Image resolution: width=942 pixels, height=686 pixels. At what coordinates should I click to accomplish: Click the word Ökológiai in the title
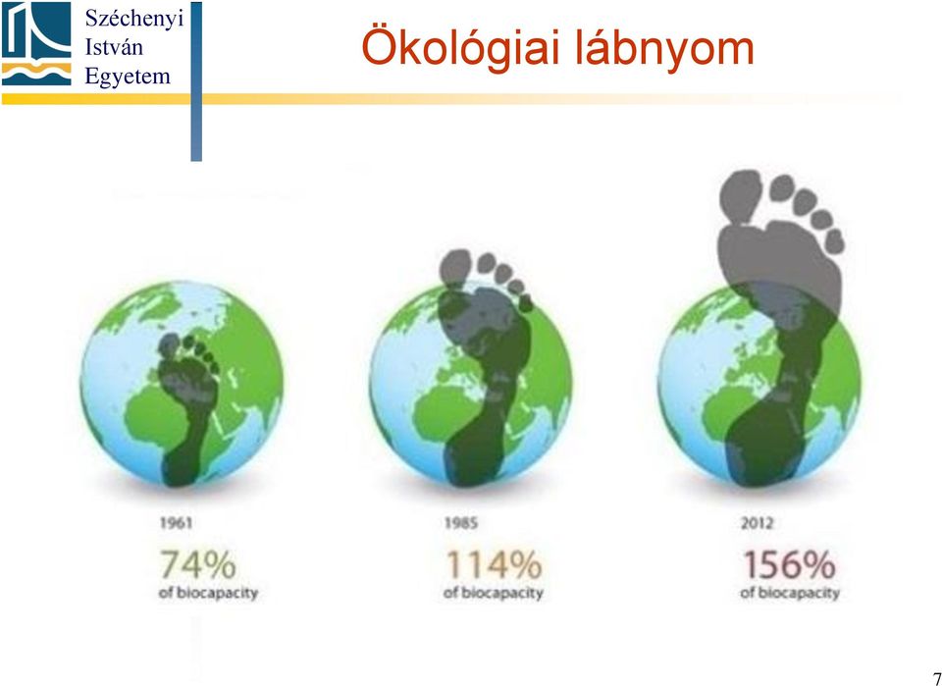click(x=462, y=47)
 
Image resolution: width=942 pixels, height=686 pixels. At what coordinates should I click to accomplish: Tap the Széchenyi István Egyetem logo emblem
click(x=36, y=44)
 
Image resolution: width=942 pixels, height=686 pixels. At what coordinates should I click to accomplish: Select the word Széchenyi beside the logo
click(x=133, y=20)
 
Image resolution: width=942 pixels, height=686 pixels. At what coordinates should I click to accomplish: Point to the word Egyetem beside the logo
click(x=128, y=78)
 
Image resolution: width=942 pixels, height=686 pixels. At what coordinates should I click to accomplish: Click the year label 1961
click(x=176, y=523)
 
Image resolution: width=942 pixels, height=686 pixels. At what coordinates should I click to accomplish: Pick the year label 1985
click(x=461, y=523)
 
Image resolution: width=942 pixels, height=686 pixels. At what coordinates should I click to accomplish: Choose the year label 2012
click(x=757, y=523)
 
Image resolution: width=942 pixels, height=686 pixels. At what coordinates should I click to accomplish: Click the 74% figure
click(x=197, y=564)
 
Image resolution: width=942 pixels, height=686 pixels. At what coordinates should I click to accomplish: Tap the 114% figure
click(x=494, y=564)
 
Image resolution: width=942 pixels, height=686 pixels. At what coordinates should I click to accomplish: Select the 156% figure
click(x=789, y=564)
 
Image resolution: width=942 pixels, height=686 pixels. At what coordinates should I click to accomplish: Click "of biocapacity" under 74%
click(x=208, y=594)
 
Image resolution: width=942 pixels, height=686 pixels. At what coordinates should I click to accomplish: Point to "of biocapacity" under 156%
click(x=789, y=594)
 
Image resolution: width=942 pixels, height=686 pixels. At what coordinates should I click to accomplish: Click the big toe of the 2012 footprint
click(x=740, y=195)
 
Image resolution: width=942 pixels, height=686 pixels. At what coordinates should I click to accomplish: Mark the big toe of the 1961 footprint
click(x=169, y=345)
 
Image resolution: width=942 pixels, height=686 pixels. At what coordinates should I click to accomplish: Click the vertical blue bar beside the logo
click(x=196, y=81)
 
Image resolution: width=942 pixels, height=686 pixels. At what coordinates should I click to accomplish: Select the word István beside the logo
click(x=114, y=47)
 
